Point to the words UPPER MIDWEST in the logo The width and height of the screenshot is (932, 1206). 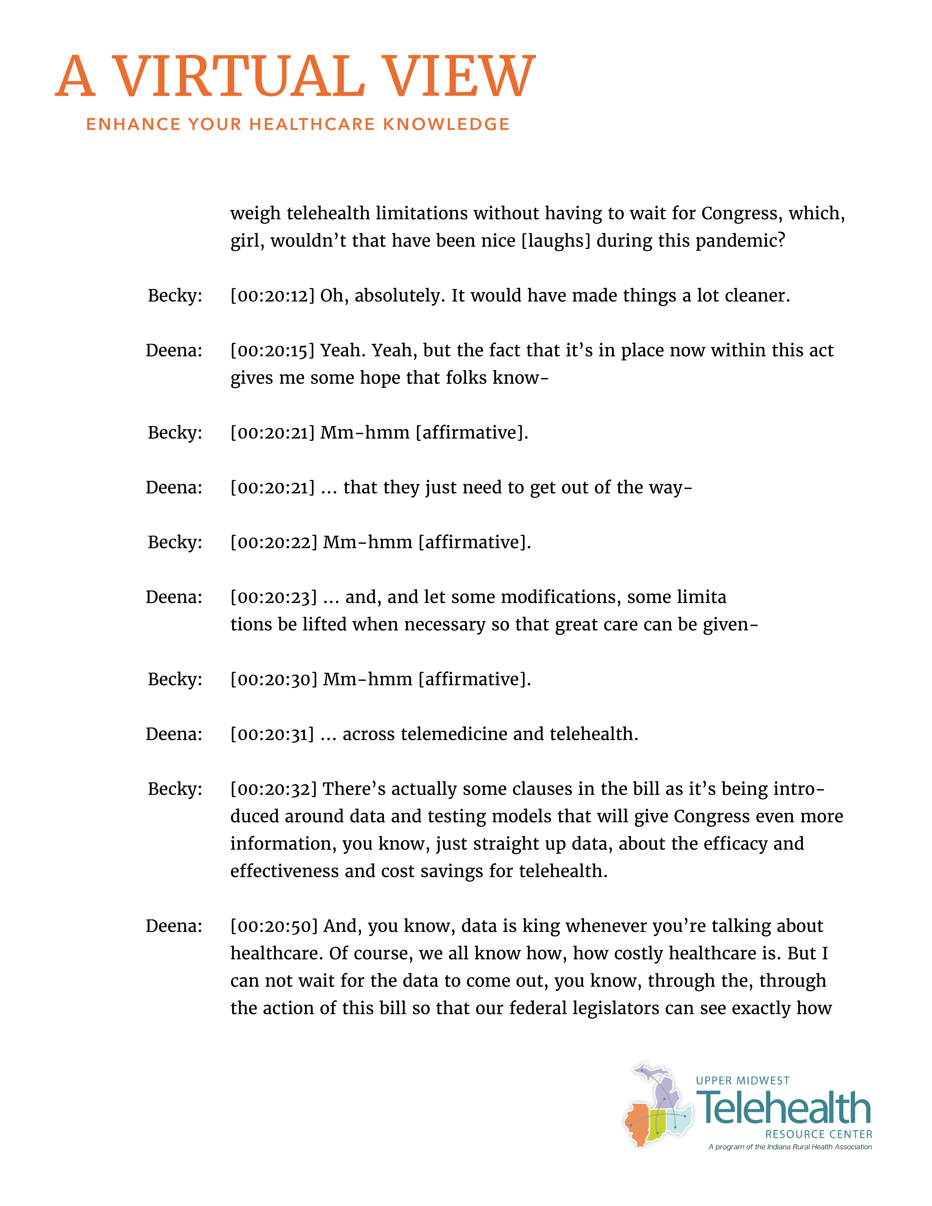point(743,1081)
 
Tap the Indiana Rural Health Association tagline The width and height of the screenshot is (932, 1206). point(790,1147)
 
